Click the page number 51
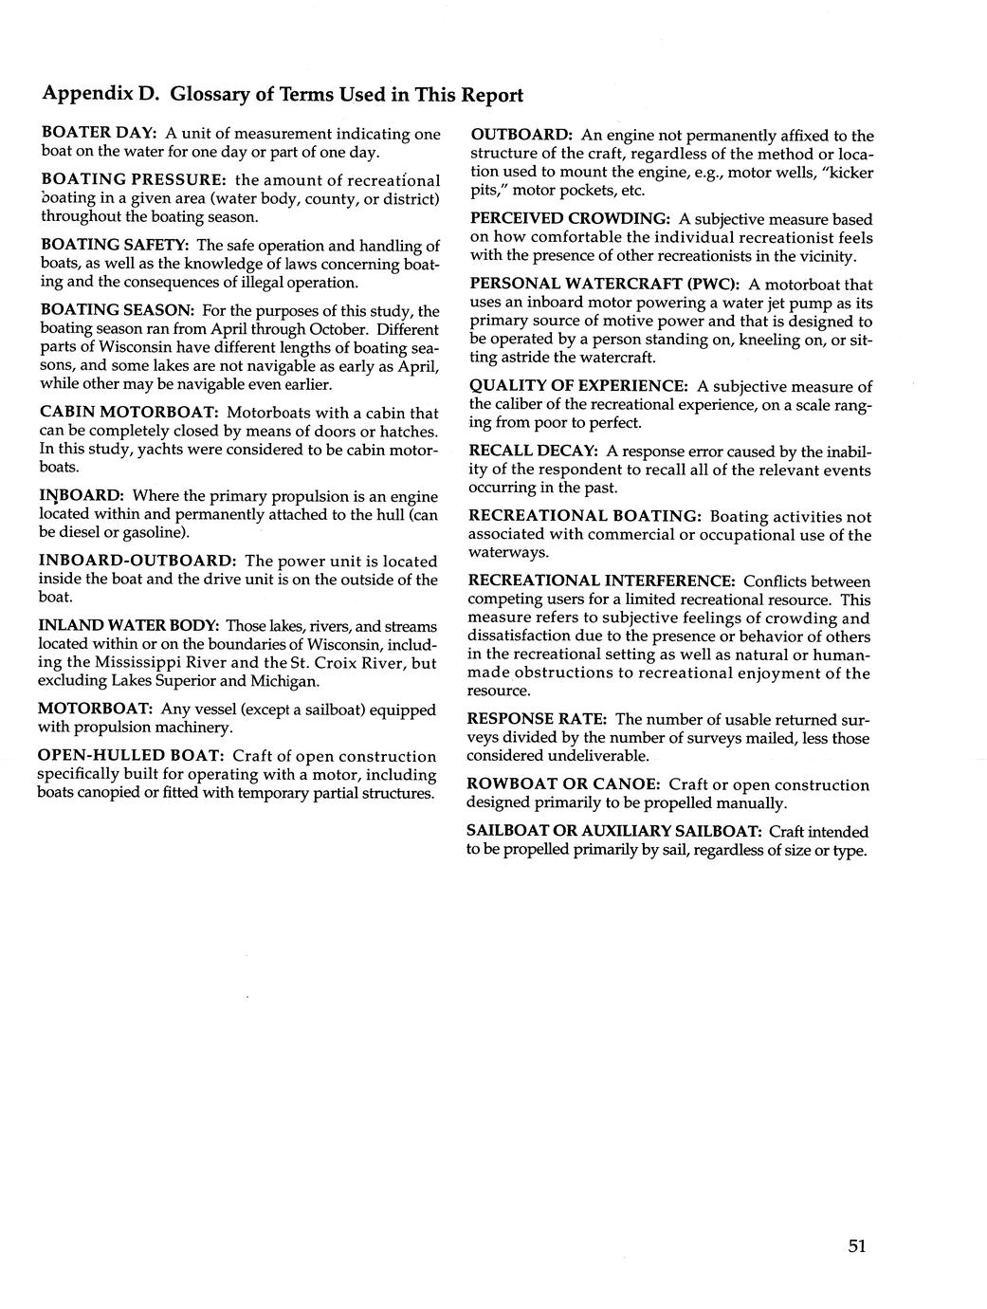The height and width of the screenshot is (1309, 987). [857, 1246]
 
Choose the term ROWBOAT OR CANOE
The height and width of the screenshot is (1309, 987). [563, 784]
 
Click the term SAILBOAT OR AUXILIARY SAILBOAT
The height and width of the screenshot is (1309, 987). [614, 831]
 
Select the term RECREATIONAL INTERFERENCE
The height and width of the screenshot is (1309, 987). [602, 581]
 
